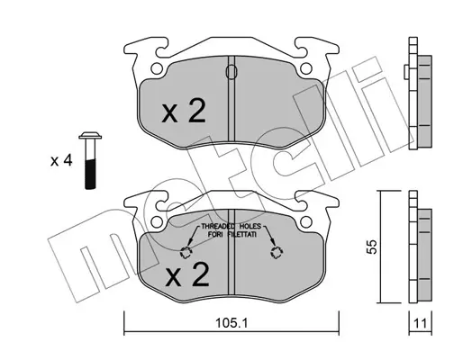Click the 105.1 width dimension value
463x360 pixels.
point(231,323)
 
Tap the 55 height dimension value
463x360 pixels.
point(372,247)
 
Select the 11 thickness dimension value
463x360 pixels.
point(420,323)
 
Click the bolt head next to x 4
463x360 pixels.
point(90,136)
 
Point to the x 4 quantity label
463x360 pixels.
point(61,161)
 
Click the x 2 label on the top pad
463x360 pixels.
point(184,112)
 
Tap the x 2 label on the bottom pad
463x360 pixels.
point(187,274)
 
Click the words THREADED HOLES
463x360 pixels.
point(231,226)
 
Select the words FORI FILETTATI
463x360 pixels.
point(232,235)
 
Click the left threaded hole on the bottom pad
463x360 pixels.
point(186,252)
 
